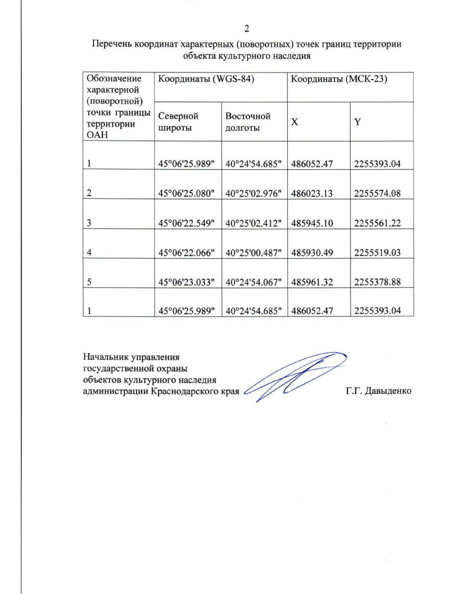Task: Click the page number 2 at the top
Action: pyautogui.click(x=247, y=29)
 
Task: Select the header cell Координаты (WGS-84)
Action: pyautogui.click(x=206, y=79)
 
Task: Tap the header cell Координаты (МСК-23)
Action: pyautogui.click(x=339, y=79)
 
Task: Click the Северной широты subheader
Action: pyautogui.click(x=178, y=122)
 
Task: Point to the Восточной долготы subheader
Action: pyautogui.click(x=247, y=122)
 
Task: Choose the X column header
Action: pyautogui.click(x=295, y=122)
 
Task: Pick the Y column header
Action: pyautogui.click(x=357, y=122)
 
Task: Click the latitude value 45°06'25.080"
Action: pyautogui.click(x=186, y=194)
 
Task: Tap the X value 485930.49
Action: pyautogui.click(x=312, y=252)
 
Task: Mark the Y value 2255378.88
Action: pyautogui.click(x=377, y=282)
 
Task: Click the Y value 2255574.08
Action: pyautogui.click(x=377, y=194)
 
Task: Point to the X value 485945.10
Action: pyautogui.click(x=312, y=223)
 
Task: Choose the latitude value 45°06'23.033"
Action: pyautogui.click(x=186, y=282)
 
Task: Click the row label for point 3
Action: pyautogui.click(x=89, y=223)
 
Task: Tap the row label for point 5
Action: pyautogui.click(x=89, y=282)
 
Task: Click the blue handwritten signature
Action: pyautogui.click(x=295, y=375)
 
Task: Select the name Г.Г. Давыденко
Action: pyautogui.click(x=378, y=391)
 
